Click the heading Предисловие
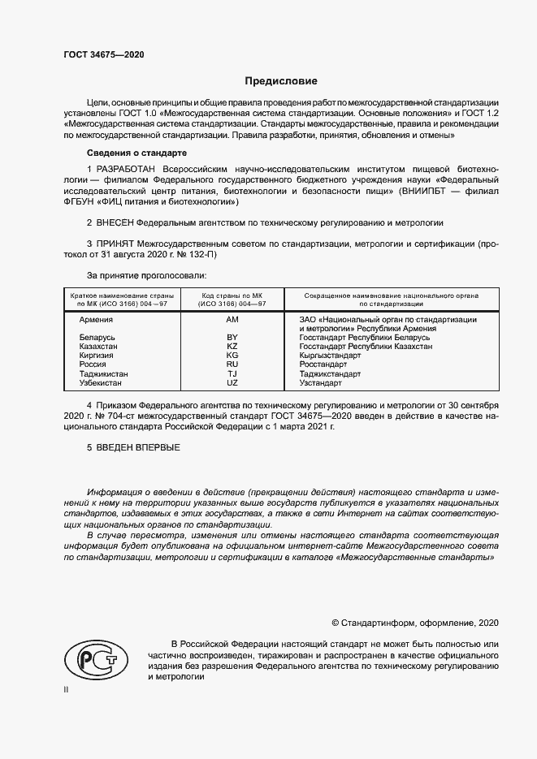pos(281,82)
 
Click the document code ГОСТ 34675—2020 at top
pos(103,55)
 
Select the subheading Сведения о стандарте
pos(137,153)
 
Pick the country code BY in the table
pos(232,337)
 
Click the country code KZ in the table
pos(232,347)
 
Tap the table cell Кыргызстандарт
pos(330,356)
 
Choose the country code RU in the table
pos(232,364)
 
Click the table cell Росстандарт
pos(323,364)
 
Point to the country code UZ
pos(232,382)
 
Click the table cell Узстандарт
pos(322,382)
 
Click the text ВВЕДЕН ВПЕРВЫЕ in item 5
pos(138,447)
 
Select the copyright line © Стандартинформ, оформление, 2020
pos(415,623)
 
